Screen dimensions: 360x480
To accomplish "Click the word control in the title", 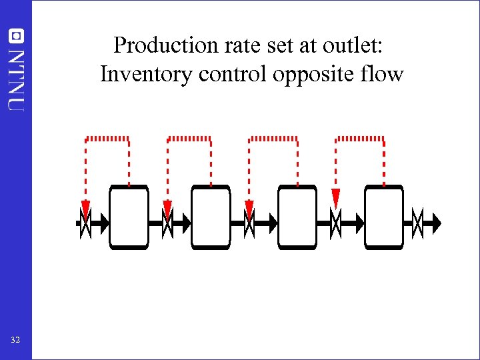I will coord(233,73).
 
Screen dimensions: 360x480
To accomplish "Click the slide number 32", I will coord(15,340).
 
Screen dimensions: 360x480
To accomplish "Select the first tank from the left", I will coord(129,217).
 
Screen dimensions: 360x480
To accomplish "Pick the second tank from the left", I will coord(211,217).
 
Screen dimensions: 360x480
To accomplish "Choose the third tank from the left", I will coord(297,217).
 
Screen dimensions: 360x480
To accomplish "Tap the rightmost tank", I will coord(384,217).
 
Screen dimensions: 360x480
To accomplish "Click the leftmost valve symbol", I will coord(85,223).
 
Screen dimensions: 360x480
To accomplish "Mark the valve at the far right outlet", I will coord(417,223).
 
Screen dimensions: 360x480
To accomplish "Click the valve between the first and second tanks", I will coord(167,223).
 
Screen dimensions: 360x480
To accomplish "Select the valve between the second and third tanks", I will coord(249,223).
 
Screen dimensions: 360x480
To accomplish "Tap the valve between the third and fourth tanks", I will coord(336,223).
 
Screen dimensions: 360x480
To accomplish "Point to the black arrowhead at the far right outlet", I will coord(435,223).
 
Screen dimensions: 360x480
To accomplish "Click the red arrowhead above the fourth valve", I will coord(336,197).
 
